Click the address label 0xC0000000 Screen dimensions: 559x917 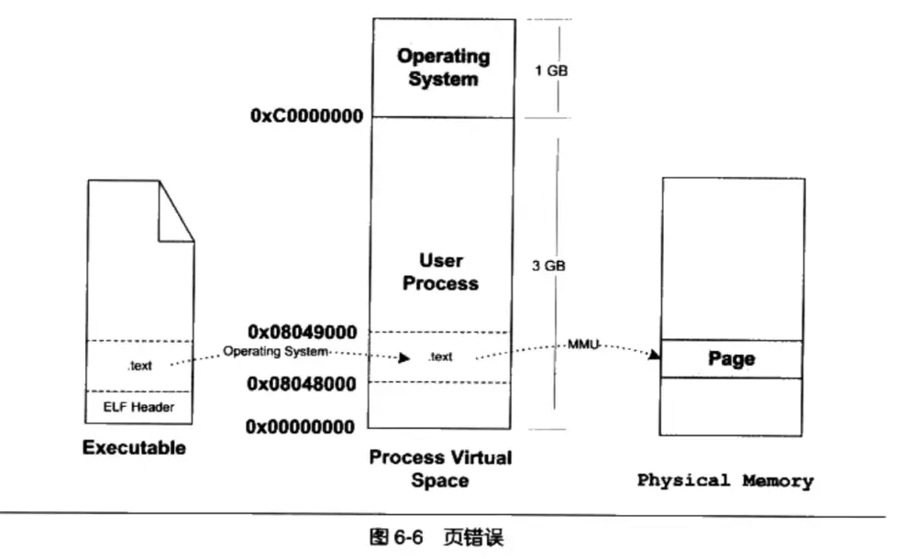(304, 117)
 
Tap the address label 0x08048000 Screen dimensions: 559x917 (301, 383)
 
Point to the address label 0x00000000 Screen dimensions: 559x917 (301, 426)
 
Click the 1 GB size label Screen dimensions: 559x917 (549, 70)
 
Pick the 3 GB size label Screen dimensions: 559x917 (549, 267)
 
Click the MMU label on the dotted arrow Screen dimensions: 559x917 (583, 345)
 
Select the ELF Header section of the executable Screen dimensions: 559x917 (139, 407)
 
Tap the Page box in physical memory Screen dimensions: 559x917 (732, 358)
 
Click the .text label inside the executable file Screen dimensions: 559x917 (139, 366)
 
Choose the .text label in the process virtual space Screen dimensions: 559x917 (440, 357)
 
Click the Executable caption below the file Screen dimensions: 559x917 (134, 448)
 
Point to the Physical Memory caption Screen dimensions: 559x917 (724, 480)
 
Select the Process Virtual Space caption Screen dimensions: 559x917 (440, 468)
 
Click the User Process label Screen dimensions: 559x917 (440, 272)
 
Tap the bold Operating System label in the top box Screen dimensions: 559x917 (443, 68)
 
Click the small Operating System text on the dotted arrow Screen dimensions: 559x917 (276, 351)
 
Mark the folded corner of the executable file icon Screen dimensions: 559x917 (174, 210)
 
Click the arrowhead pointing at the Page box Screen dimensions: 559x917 (655, 356)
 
